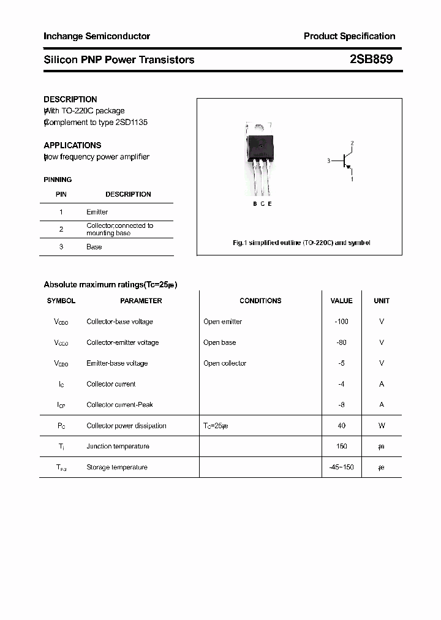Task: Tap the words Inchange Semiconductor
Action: click(97, 36)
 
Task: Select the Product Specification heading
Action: click(349, 36)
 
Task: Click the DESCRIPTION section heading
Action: click(70, 99)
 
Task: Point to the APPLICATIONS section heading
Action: click(72, 145)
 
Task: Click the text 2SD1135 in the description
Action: click(132, 122)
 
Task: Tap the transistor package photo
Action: click(260, 156)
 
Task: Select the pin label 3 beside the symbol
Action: click(328, 162)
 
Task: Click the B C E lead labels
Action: click(262, 203)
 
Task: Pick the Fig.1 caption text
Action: click(301, 243)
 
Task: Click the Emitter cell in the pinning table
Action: click(97, 212)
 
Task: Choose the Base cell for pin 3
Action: click(94, 247)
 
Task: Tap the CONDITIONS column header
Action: click(260, 301)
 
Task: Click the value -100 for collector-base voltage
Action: click(341, 322)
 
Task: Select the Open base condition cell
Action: click(219, 342)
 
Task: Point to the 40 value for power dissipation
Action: click(341, 426)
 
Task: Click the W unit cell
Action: click(382, 426)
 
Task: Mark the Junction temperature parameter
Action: click(118, 447)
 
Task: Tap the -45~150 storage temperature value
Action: click(341, 467)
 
